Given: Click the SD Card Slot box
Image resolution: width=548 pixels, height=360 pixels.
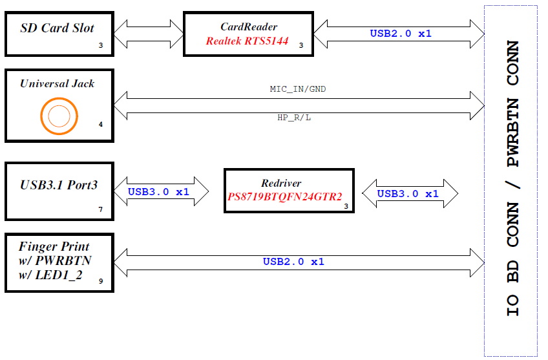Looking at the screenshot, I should tap(59, 33).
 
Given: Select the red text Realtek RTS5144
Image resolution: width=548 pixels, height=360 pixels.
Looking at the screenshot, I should tap(248, 41).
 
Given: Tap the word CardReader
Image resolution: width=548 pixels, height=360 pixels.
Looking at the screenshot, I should tap(249, 27).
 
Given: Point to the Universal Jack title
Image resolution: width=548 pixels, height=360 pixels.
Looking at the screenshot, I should tap(57, 83).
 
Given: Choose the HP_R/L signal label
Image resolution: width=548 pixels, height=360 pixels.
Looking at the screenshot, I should tap(294, 118).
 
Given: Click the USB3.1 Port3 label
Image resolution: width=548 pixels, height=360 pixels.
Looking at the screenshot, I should tap(59, 185).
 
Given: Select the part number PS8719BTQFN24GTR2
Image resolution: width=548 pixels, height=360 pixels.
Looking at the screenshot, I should tap(285, 196).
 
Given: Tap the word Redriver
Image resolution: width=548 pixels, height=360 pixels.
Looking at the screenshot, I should tap(281, 183).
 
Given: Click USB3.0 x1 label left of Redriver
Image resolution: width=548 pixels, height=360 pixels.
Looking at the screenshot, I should tap(158, 192).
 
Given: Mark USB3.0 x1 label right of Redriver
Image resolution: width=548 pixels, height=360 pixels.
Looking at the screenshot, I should tap(408, 193).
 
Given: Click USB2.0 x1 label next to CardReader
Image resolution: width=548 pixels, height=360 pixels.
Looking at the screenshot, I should tap(401, 33).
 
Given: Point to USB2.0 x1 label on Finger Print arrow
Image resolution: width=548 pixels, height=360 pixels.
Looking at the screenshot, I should tap(293, 262).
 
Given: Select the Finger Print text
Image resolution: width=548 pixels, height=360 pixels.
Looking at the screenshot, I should tap(54, 246).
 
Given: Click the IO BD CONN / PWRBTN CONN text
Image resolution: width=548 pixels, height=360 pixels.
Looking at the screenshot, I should tap(512, 178).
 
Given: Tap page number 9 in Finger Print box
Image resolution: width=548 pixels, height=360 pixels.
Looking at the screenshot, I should tap(101, 281).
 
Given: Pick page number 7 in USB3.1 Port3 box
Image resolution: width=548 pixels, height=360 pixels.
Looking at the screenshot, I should tap(101, 210).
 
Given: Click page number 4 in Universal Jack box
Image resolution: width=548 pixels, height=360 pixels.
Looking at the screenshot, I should tap(101, 123).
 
